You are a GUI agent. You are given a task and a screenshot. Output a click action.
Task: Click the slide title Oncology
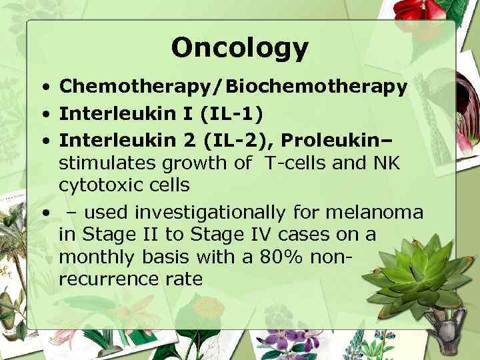point(240,48)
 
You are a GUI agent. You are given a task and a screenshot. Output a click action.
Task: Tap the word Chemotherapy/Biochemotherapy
point(233,87)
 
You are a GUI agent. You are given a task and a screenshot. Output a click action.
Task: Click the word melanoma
point(382,212)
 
